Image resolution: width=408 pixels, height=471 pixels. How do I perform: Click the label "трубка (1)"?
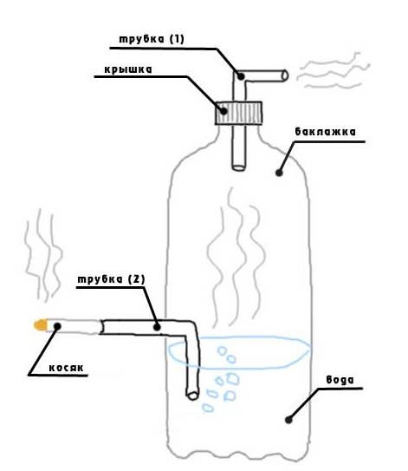(152, 39)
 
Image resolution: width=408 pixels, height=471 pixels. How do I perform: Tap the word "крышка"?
(128, 69)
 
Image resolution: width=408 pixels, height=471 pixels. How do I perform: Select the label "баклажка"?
(325, 132)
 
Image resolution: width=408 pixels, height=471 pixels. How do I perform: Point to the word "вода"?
(340, 380)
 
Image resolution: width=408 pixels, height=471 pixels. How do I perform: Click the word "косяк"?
(67, 368)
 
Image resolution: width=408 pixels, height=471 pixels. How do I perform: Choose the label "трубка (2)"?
(111, 279)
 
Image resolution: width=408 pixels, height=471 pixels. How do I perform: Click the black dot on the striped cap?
(223, 111)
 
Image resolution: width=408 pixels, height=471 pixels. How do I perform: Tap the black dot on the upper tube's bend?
(241, 76)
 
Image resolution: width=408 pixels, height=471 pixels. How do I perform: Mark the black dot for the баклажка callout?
(279, 173)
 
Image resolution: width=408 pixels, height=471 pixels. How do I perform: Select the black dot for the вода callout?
(288, 420)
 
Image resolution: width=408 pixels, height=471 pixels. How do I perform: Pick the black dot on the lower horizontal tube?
(157, 327)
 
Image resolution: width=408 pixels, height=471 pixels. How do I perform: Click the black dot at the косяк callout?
(57, 326)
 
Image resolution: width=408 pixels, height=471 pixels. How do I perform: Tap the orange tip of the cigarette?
(40, 325)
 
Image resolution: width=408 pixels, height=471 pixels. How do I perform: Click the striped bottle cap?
(238, 113)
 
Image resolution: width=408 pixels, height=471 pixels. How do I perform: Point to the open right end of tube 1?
(285, 75)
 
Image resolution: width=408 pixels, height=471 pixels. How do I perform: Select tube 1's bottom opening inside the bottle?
(239, 167)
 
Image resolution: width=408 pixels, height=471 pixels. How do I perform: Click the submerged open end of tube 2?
(192, 396)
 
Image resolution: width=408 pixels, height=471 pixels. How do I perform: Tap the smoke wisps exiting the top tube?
(333, 71)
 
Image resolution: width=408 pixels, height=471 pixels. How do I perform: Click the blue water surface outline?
(239, 337)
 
